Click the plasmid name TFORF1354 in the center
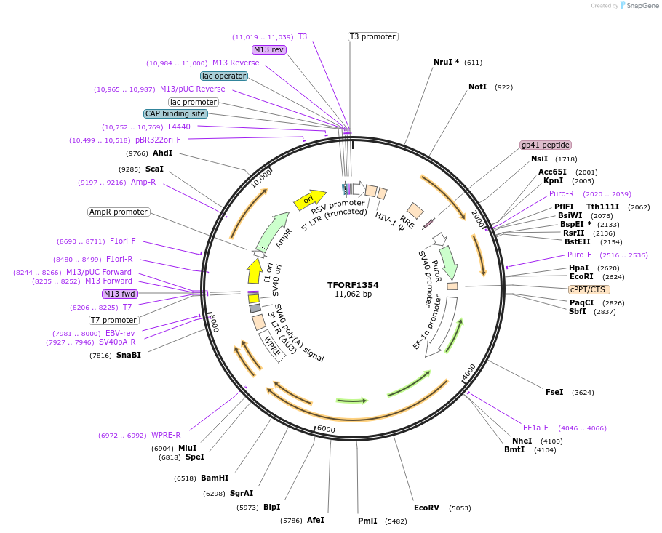[x=353, y=285]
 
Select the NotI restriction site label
[x=478, y=87]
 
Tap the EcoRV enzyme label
[x=426, y=508]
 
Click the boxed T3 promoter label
[x=372, y=36]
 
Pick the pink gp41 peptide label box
[x=546, y=145]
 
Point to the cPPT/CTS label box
[x=589, y=289]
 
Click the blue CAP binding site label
[x=175, y=113]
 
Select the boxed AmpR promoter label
[x=119, y=212]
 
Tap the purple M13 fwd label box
[x=120, y=294]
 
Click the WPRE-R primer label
[x=166, y=435]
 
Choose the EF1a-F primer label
[x=535, y=428]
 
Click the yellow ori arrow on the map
[x=309, y=199]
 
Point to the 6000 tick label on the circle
[x=326, y=429]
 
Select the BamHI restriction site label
[x=215, y=478]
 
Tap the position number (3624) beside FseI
[x=583, y=393]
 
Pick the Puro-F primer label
[x=579, y=255]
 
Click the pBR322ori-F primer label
[x=158, y=140]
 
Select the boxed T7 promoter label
[x=113, y=320]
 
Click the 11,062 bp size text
[x=353, y=294]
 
